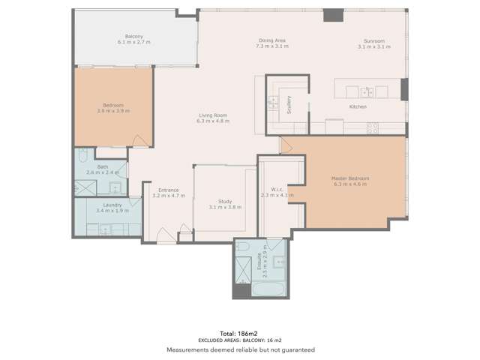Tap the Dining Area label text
click(x=271, y=40)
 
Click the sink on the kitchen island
click(x=367, y=92)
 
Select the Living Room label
click(x=211, y=115)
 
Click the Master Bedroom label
click(x=350, y=178)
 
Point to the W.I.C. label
click(x=275, y=189)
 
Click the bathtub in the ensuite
click(x=268, y=289)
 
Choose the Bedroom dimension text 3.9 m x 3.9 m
click(x=113, y=110)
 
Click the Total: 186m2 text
click(x=240, y=332)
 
